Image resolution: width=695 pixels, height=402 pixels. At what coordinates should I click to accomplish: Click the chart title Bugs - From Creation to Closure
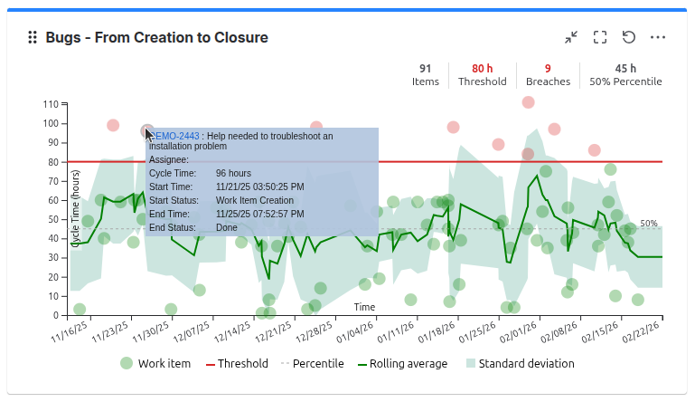coord(156,37)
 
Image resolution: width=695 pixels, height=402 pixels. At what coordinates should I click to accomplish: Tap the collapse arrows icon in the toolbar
coord(571,37)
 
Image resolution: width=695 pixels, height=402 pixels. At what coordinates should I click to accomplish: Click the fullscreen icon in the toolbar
coord(600,37)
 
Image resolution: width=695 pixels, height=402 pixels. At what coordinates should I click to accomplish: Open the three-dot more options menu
coord(658,37)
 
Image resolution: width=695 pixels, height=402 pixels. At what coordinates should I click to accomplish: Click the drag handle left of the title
coord(33,37)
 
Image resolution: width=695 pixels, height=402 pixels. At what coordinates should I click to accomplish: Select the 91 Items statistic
coord(425,74)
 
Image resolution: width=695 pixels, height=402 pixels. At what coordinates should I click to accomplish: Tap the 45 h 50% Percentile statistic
coord(625,74)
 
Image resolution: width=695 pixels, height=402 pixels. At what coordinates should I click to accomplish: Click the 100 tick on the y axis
coord(51,123)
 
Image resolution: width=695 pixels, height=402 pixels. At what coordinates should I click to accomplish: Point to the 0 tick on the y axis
coord(56,315)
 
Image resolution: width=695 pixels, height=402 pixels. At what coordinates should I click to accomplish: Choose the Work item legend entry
coord(155,364)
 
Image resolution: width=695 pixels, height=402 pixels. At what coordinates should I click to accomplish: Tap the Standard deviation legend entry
coord(520,364)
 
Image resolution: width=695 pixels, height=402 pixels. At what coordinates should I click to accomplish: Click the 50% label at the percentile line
coord(649,223)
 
